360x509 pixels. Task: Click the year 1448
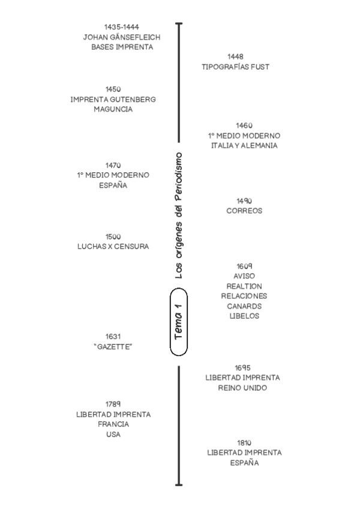(235, 56)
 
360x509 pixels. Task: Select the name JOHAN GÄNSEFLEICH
(122, 37)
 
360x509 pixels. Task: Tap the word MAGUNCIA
(113, 109)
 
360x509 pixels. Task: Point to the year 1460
(244, 125)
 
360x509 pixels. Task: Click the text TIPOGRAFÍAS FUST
(235, 67)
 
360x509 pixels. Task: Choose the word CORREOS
(244, 211)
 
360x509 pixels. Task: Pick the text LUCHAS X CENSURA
(113, 246)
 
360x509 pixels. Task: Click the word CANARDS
(244, 306)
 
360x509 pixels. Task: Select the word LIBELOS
(244, 316)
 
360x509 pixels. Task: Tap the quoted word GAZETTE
(113, 347)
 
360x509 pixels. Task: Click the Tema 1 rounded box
(179, 322)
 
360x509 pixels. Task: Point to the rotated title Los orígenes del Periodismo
(178, 215)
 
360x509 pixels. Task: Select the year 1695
(243, 367)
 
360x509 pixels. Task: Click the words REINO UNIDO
(243, 388)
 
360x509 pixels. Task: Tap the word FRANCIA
(113, 424)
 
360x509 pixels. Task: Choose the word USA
(113, 435)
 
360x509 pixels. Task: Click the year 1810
(244, 442)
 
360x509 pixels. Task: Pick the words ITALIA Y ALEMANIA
(244, 146)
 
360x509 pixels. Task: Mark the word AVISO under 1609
(244, 276)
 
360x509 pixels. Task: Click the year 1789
(113, 404)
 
